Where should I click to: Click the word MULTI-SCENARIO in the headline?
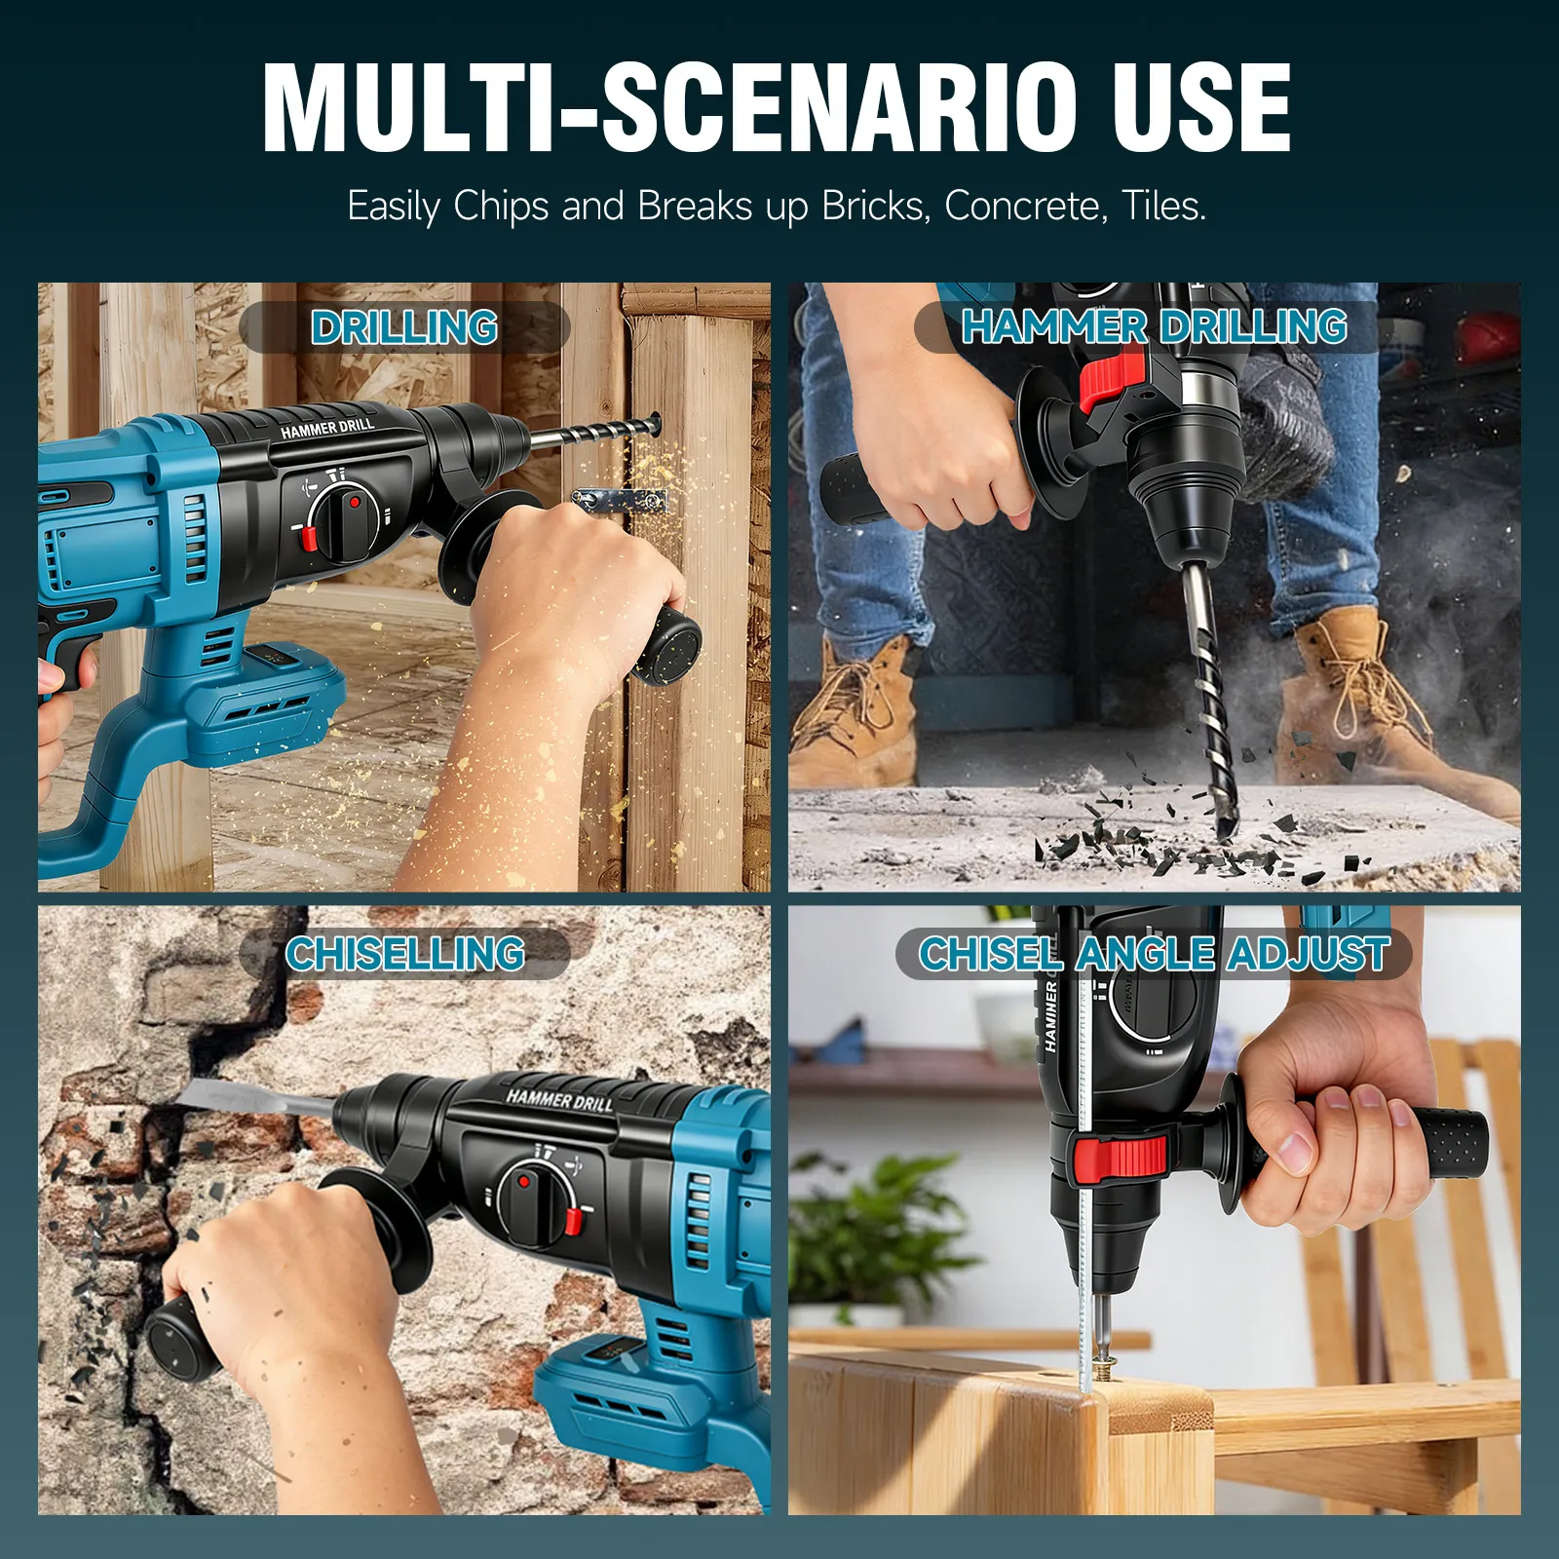coord(682,106)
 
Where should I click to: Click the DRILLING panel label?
coord(404,327)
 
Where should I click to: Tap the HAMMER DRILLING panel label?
coord(1154,326)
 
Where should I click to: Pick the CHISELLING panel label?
coord(404,954)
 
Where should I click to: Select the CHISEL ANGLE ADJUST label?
coord(1154,954)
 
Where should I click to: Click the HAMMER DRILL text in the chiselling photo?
coord(559,1101)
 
